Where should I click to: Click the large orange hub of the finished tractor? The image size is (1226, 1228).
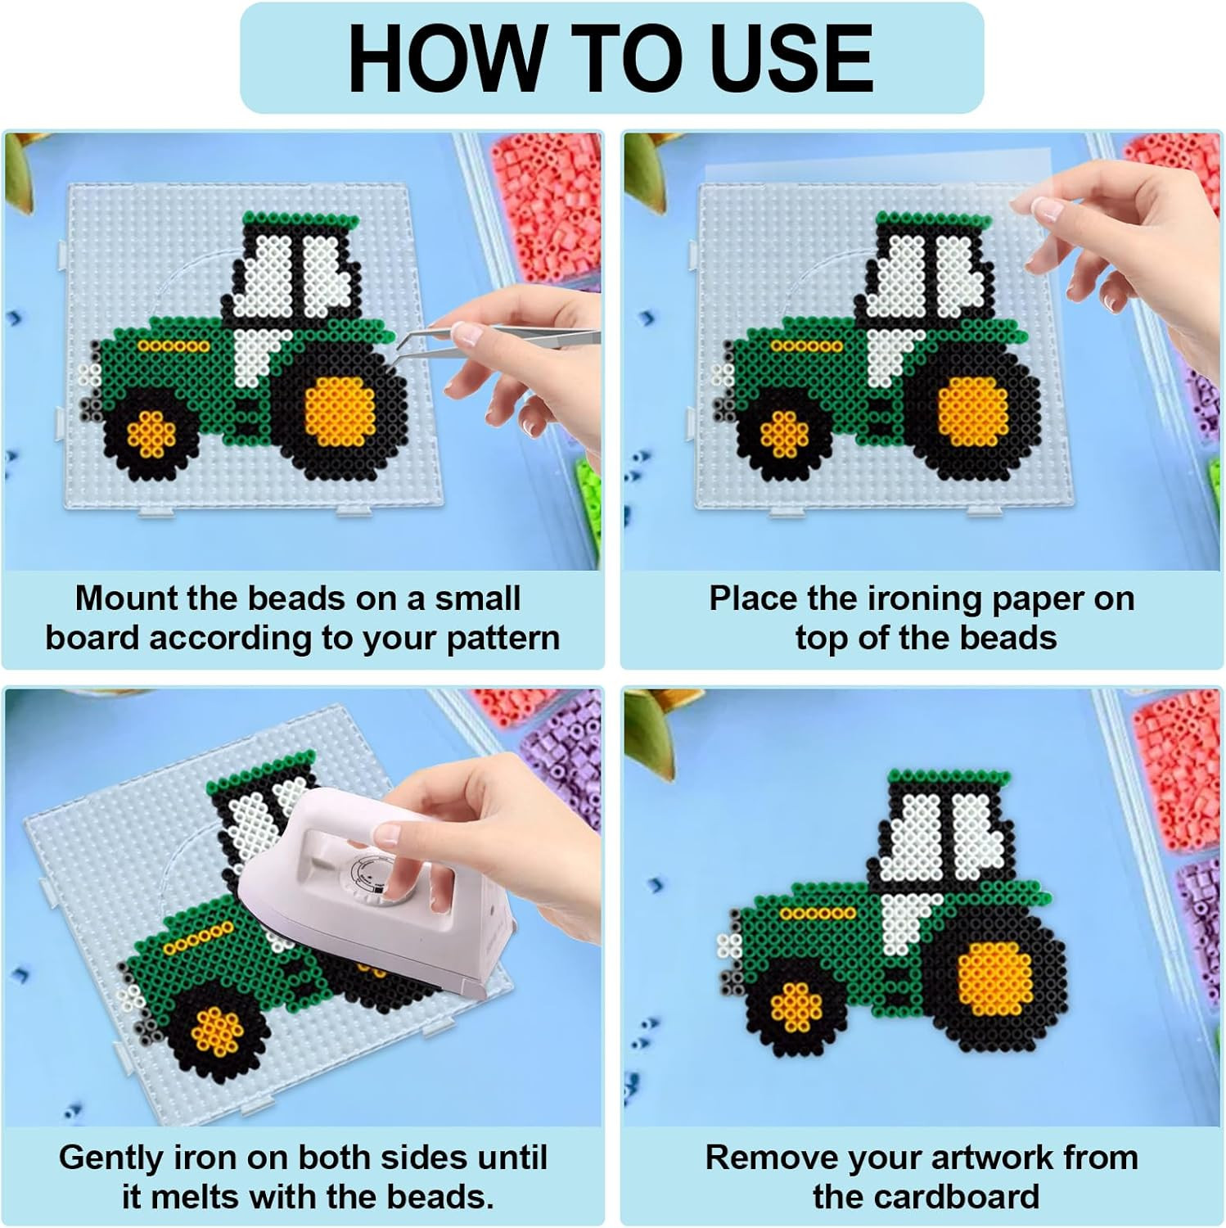pyautogui.click(x=994, y=979)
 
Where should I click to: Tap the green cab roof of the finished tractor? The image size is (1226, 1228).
pyautogui.click(x=949, y=779)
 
